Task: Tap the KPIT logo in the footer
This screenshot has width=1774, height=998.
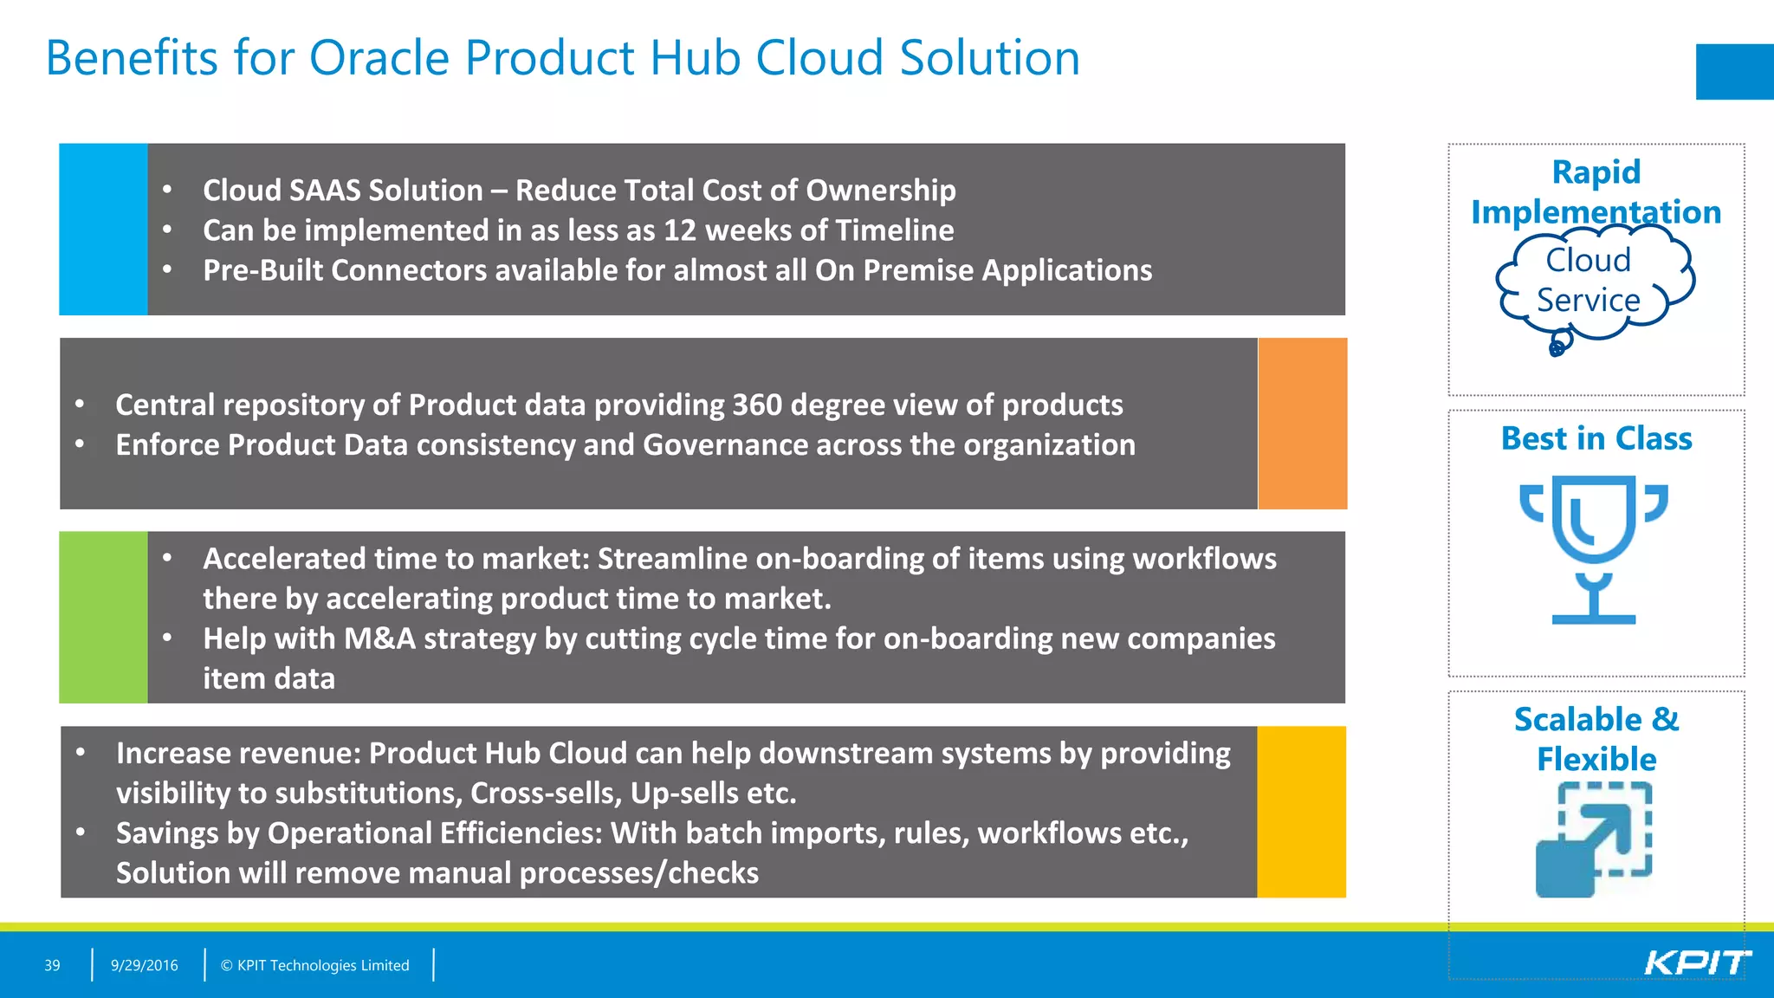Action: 1696,962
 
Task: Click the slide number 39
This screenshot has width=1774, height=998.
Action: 52,965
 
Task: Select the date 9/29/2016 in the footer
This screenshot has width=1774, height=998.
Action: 144,965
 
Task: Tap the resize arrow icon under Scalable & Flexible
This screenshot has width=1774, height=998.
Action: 1594,839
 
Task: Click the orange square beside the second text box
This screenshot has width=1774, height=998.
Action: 1302,423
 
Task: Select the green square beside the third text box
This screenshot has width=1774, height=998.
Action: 103,617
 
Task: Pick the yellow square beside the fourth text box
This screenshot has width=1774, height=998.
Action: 1301,812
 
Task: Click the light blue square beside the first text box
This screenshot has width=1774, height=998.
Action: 103,229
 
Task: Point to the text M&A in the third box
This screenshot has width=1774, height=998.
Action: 379,638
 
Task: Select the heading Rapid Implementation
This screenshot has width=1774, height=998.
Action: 1596,191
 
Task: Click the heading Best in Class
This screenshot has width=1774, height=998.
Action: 1596,438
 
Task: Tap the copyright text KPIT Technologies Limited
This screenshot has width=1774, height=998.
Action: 322,965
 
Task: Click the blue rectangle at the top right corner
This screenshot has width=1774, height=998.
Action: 1734,71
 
